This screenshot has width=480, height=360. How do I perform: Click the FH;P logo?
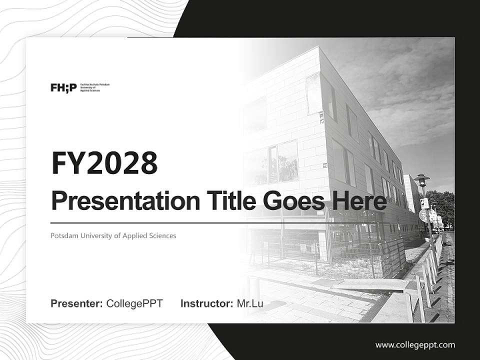pos(63,88)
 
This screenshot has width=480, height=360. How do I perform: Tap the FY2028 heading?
pos(104,163)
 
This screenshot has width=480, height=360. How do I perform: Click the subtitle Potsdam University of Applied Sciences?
pos(113,235)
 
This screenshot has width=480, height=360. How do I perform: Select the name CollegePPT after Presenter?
pos(134,303)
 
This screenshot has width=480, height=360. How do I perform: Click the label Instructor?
pos(206,303)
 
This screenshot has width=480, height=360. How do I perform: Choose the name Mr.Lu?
pos(250,303)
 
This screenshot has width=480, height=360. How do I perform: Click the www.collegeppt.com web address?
pos(415,345)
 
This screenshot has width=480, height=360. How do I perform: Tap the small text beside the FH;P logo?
pos(94,87)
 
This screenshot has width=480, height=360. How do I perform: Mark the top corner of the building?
pos(318,47)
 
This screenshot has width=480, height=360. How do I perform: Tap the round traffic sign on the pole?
pos(423,215)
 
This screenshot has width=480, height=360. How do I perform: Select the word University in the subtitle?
pos(98,235)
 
